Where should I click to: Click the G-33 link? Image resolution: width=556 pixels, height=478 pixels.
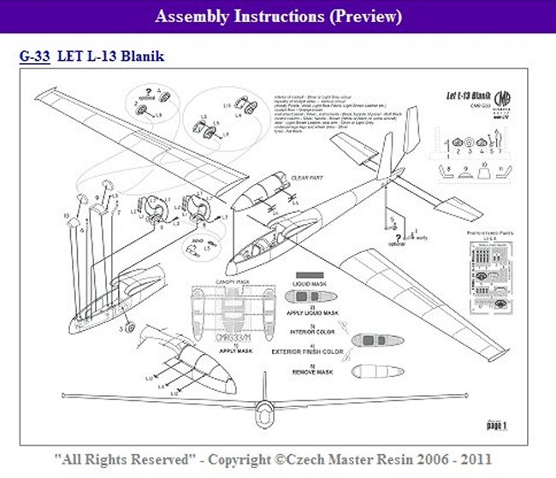(33, 57)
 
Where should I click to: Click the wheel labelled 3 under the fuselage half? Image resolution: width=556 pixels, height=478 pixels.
(127, 328)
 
